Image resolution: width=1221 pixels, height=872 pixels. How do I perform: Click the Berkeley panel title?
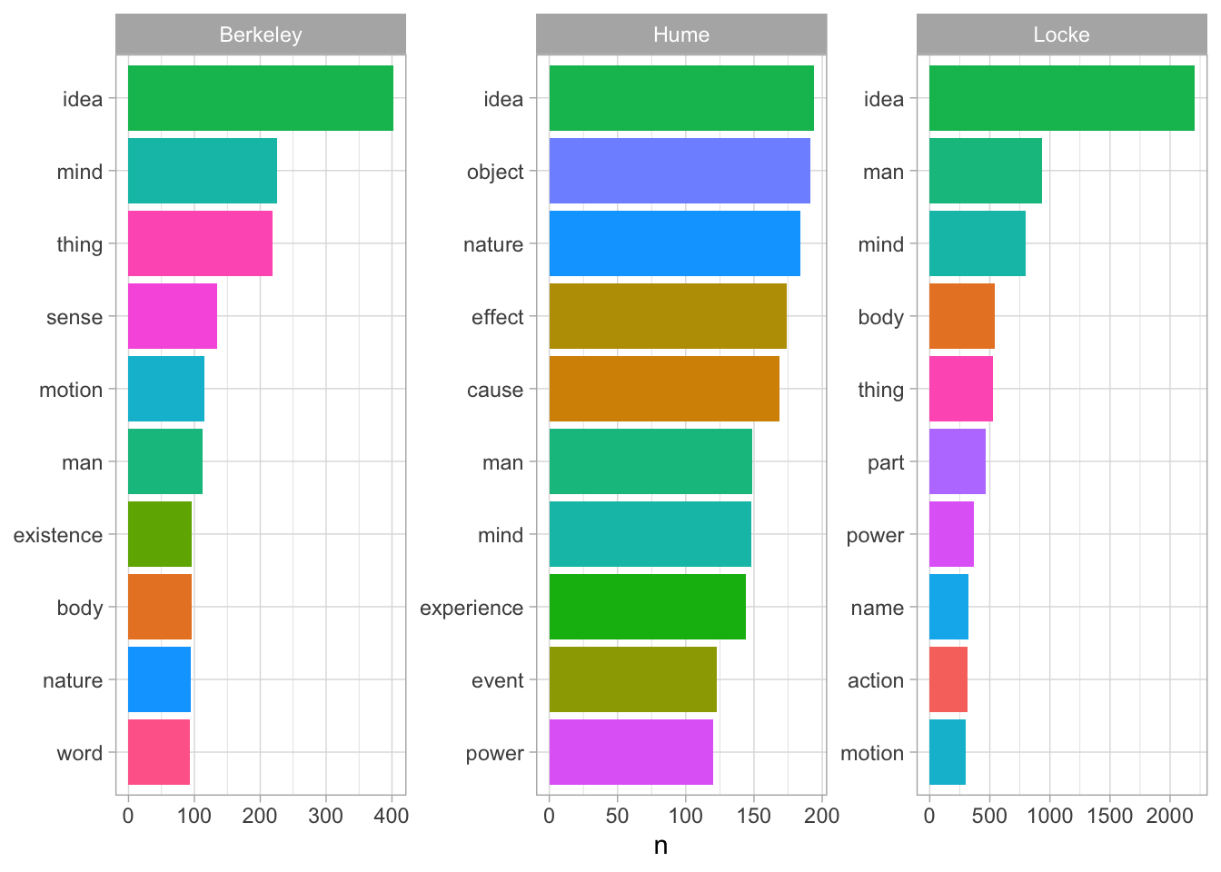coord(261,35)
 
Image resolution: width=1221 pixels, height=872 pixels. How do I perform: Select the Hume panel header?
coord(681,35)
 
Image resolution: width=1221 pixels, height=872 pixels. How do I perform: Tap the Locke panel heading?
coord(1061,35)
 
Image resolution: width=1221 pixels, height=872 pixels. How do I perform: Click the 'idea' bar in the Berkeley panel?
coord(261,98)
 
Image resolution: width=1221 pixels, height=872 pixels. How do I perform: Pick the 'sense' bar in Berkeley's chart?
coord(173,316)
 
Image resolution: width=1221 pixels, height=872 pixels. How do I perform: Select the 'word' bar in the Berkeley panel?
coord(159,752)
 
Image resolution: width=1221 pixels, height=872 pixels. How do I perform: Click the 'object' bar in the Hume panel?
coord(680,171)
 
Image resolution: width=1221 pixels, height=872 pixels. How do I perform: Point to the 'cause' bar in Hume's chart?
coord(664,389)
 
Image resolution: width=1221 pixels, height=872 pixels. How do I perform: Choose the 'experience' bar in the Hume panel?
coord(648,607)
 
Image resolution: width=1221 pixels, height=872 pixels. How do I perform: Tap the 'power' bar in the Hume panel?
coord(631,752)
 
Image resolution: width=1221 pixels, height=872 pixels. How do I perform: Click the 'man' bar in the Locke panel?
coord(986,171)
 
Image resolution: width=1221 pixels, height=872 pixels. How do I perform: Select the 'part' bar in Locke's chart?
coord(958,461)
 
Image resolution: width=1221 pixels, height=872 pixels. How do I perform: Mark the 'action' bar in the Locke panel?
coord(948,679)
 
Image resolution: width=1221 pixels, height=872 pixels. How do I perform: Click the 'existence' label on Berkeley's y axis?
coord(58,535)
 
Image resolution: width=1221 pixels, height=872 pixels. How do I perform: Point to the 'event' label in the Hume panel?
coord(498,680)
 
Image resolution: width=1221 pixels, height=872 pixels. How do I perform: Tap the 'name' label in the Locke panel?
coord(878,608)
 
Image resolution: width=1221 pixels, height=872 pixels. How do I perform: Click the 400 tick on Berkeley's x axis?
coord(392,816)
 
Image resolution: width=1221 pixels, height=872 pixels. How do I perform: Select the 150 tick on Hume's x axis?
coord(754,816)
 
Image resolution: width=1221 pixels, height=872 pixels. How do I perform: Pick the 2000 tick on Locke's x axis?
coord(1170,816)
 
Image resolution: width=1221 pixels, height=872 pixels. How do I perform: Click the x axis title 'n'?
coord(660,846)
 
